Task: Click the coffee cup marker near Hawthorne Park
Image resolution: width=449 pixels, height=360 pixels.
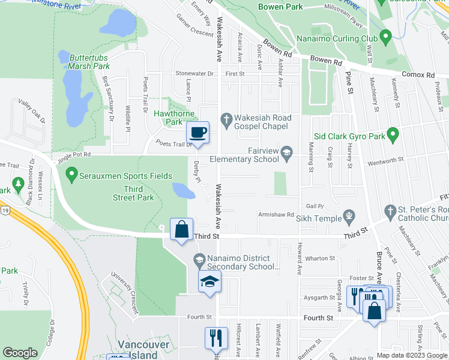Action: click(197, 131)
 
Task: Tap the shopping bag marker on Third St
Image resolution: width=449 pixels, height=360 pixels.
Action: click(181, 229)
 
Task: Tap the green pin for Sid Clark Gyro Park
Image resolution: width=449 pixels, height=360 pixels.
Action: click(393, 136)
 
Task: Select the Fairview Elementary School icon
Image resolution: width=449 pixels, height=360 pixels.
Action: click(287, 154)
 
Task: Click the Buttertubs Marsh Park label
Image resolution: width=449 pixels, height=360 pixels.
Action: click(88, 61)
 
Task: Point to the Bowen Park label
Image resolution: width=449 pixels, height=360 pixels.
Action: click(280, 7)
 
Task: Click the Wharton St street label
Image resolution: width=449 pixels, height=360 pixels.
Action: click(319, 258)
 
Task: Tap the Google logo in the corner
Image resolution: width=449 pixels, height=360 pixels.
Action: click(20, 352)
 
